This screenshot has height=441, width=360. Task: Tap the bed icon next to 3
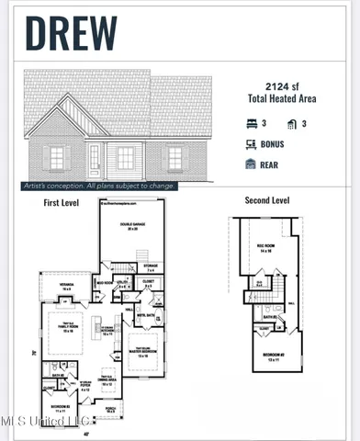(252, 123)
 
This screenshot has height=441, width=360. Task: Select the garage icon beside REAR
(252, 164)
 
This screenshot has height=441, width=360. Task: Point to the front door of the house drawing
(94, 157)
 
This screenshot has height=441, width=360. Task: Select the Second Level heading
(266, 200)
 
